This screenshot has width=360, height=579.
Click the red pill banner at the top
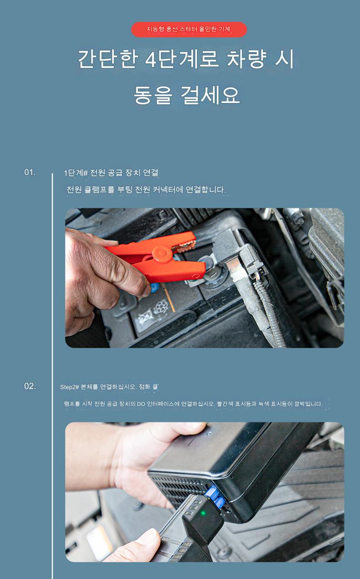189,30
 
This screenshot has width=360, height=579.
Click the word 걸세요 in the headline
210,95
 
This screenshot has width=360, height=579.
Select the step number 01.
30,172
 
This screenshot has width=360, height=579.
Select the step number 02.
30,386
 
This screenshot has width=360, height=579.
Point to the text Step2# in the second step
69,387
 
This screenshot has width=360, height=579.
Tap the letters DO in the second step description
141,404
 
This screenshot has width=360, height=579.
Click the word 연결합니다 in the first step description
206,190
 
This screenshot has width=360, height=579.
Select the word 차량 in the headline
246,60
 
